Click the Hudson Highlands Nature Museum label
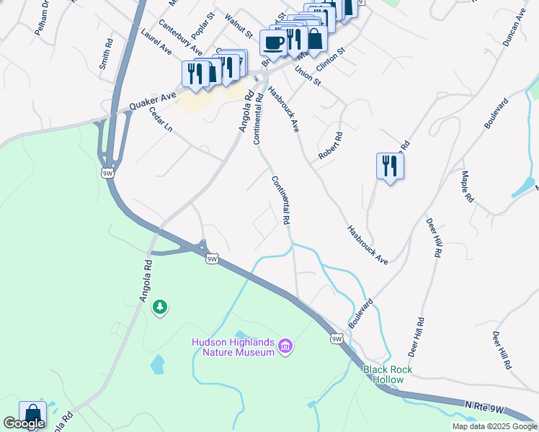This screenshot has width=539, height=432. point(233,347)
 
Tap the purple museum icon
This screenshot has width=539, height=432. point(285,347)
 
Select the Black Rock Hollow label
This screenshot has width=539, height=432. point(388,374)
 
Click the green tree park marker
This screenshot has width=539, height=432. point(159,307)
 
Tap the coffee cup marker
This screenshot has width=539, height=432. point(273,42)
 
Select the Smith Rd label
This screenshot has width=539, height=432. point(107,53)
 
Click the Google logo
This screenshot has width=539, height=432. point(24,423)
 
